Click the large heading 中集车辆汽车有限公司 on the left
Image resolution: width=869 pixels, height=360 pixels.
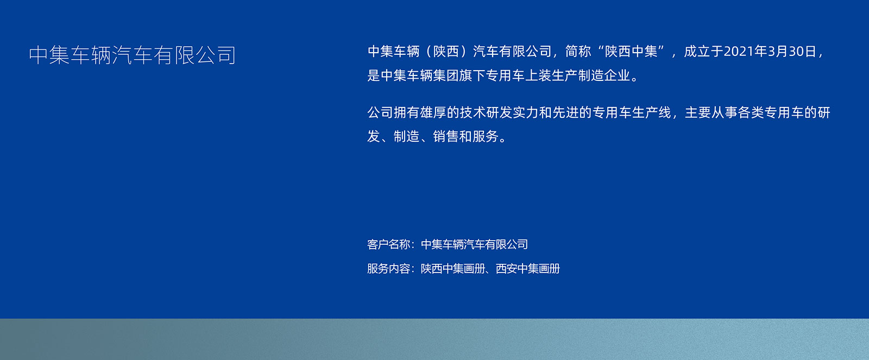133,55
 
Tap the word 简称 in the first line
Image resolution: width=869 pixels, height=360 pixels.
578,51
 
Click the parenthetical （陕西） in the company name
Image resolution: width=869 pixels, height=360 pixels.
446,51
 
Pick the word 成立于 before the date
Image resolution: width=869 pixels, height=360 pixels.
703,51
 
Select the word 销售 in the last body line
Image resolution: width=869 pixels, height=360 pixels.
446,136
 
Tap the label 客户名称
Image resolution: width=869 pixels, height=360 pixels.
389,244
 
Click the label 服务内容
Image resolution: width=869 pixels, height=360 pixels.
389,268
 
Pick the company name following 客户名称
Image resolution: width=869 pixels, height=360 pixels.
475,244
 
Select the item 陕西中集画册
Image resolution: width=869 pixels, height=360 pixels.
453,268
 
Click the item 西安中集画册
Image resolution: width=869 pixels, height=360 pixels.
528,268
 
